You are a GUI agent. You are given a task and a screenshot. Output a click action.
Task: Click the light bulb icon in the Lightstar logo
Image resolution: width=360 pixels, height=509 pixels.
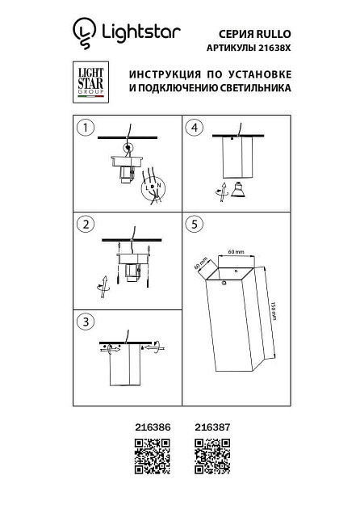point(82,32)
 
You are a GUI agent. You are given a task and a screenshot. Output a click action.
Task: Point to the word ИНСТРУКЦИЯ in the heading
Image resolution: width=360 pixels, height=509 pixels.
point(166,74)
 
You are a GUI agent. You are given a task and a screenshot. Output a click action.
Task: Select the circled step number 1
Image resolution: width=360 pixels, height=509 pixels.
point(83,128)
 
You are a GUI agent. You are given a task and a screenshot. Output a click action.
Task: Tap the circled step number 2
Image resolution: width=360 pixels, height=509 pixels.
point(83,224)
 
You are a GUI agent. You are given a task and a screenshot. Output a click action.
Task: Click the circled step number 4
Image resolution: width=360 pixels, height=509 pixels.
point(193,128)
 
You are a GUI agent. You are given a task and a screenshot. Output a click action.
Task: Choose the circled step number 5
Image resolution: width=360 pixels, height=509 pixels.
point(193,224)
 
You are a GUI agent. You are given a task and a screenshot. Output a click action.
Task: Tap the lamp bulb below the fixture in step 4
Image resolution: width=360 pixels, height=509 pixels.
point(238,191)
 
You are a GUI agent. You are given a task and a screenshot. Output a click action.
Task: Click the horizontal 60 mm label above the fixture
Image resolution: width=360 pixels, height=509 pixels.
point(235,252)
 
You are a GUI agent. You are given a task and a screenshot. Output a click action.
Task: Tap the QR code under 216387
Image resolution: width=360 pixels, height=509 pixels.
point(212,456)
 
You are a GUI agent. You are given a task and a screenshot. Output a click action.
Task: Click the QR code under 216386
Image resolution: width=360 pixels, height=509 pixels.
point(151,456)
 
